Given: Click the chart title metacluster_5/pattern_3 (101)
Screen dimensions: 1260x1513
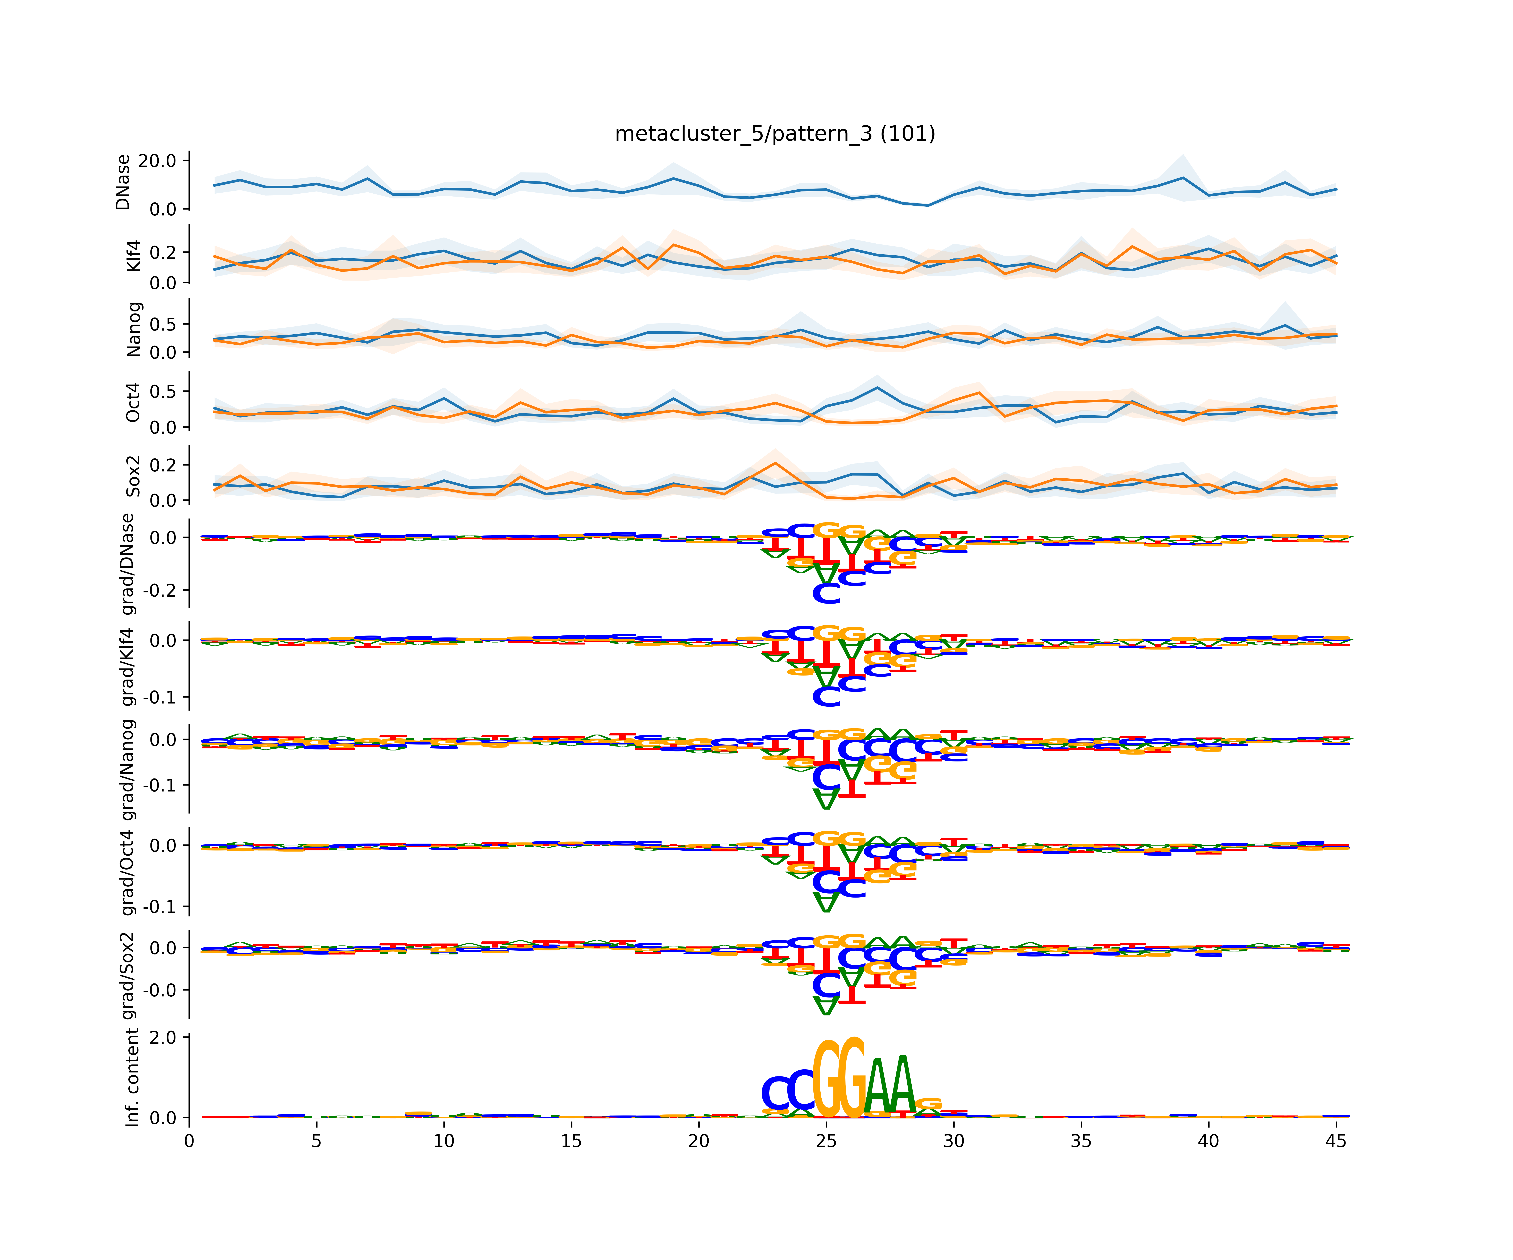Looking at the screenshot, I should [x=775, y=134].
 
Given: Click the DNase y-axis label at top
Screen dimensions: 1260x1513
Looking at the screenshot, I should [x=123, y=182].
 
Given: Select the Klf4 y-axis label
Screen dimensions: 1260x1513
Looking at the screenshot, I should [x=133, y=256].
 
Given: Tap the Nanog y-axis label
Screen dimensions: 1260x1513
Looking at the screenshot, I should [x=133, y=329].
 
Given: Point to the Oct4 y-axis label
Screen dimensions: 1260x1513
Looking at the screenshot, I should [x=133, y=403].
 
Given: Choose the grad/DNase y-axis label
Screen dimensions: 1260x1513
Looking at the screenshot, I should [x=128, y=564].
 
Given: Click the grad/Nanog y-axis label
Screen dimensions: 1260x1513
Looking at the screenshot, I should [x=128, y=769].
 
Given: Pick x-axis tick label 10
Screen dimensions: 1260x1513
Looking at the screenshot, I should [x=444, y=1141].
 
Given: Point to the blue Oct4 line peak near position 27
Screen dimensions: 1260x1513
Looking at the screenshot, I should [x=877, y=388].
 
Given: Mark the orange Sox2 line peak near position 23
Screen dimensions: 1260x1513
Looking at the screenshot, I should [x=775, y=463].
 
